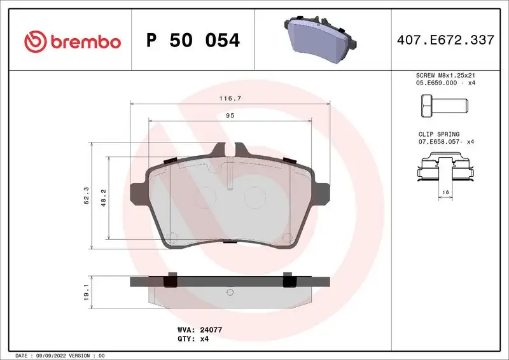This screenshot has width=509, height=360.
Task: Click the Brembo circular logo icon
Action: (x=35, y=42)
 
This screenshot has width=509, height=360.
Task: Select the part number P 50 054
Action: (x=193, y=41)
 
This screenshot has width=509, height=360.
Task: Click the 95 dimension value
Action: (x=230, y=116)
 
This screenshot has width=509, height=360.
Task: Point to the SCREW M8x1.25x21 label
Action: (x=445, y=75)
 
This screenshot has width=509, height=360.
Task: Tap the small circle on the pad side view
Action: (x=230, y=292)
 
